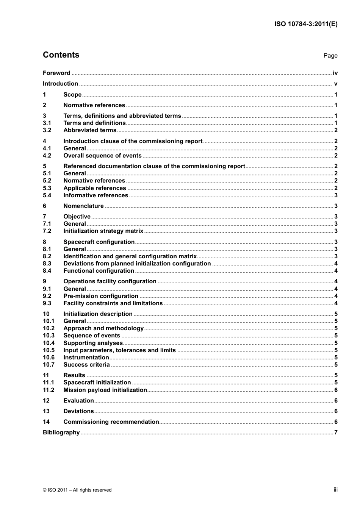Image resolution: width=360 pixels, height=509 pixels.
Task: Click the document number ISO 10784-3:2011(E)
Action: click(306, 24)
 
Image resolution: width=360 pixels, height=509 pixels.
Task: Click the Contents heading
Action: click(61, 55)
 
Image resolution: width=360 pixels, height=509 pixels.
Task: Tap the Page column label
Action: click(330, 56)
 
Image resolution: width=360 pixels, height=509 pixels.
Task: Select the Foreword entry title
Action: click(56, 73)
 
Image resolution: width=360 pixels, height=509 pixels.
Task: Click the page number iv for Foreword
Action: click(335, 73)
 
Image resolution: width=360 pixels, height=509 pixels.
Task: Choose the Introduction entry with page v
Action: click(60, 84)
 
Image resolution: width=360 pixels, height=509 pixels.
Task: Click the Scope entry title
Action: click(72, 95)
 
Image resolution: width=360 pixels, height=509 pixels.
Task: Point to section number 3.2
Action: click(47, 130)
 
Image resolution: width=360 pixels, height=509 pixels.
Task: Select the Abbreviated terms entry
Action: click(90, 130)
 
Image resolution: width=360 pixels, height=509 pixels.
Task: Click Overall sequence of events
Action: click(102, 156)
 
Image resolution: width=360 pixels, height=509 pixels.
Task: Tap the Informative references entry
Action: click(95, 195)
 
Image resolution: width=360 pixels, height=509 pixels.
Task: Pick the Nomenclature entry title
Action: click(83, 206)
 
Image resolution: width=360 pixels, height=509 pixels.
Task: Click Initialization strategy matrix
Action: click(103, 231)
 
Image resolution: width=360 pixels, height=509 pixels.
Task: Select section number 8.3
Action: click(47, 264)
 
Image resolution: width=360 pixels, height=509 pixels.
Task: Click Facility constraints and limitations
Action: click(113, 303)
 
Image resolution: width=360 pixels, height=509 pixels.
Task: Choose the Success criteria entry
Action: click(86, 365)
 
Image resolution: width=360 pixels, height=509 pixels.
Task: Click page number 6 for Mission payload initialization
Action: click(336, 390)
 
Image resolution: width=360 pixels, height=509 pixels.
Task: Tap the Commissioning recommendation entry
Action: click(111, 422)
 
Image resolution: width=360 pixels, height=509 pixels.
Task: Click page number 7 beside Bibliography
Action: click(336, 432)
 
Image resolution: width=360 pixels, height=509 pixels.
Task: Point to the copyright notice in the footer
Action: click(77, 490)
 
